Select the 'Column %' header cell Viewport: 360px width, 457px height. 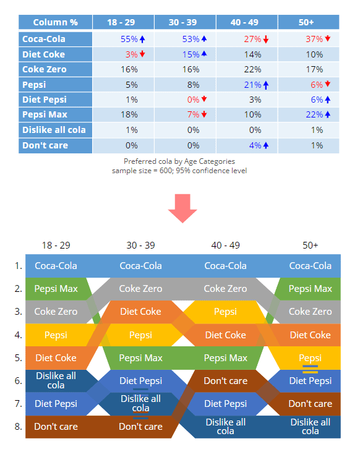pyautogui.click(x=55, y=22)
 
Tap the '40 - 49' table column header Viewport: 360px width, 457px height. pyautogui.click(x=244, y=22)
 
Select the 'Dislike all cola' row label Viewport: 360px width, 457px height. pyautogui.click(x=55, y=130)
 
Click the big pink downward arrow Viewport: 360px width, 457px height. pyautogui.click(x=182, y=208)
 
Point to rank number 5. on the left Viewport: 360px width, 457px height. pyautogui.click(x=18, y=358)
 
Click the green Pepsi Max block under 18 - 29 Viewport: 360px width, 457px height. pyautogui.click(x=56, y=289)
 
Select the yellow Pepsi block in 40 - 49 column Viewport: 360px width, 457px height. pyautogui.click(x=225, y=312)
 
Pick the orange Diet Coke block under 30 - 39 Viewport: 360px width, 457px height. pyautogui.click(x=141, y=312)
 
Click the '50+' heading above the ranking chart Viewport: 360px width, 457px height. pyautogui.click(x=310, y=245)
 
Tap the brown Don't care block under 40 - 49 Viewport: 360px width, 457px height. pyautogui.click(x=225, y=381)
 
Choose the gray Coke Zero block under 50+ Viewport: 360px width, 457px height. pyautogui.click(x=310, y=312)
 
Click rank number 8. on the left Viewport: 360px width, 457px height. pyautogui.click(x=18, y=427)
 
